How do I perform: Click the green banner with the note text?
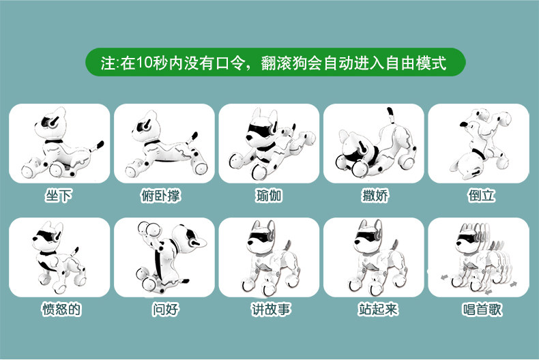(x=276, y=62)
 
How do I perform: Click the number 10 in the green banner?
(x=145, y=63)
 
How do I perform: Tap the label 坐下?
(x=59, y=196)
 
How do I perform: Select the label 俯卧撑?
(x=161, y=196)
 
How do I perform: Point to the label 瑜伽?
(x=269, y=196)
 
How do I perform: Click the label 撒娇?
(x=375, y=196)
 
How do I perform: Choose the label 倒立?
(x=481, y=196)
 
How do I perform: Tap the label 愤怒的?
(x=61, y=309)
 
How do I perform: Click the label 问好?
(x=166, y=309)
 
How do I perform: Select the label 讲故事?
(x=271, y=309)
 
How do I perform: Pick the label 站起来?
(x=378, y=309)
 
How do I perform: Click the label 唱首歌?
(x=482, y=309)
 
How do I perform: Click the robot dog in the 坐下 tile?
(x=62, y=144)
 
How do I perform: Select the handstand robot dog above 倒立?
(x=481, y=144)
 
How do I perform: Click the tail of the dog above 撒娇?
(x=391, y=115)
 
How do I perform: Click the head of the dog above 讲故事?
(x=261, y=237)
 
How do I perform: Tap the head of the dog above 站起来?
(x=368, y=237)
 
